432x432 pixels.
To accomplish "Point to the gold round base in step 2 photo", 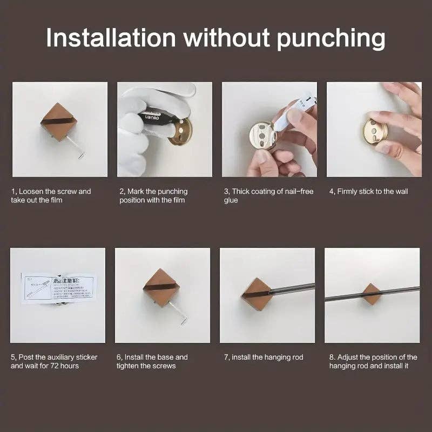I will (x=180, y=133).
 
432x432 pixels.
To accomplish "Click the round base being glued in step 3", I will (x=259, y=138).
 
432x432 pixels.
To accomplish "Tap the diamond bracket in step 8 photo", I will (x=370, y=294).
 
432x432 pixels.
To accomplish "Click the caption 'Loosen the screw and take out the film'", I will (x=51, y=195).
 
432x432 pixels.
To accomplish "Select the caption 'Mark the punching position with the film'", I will (x=154, y=195).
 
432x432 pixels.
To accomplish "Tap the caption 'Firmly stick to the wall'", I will (x=369, y=191).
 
